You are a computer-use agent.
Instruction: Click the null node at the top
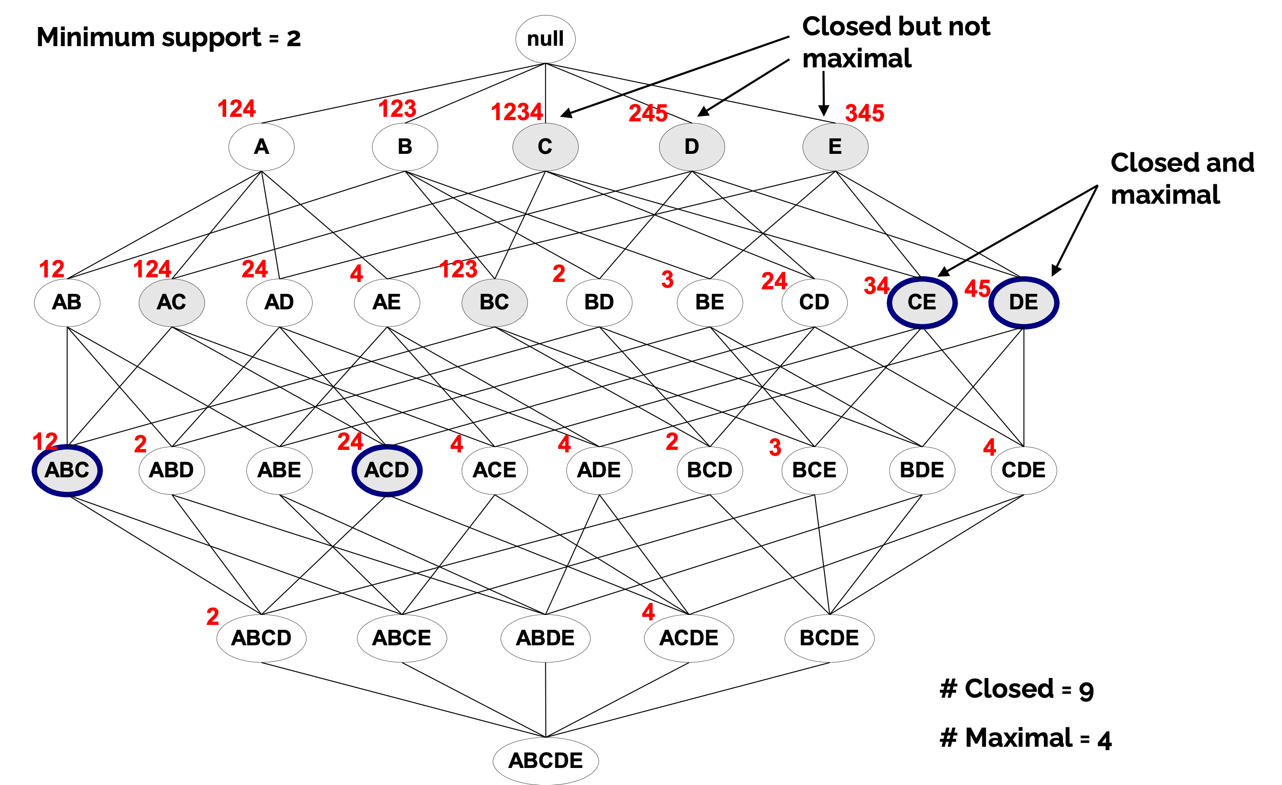point(545,39)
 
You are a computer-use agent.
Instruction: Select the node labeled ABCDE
point(545,760)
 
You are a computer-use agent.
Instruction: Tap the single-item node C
point(545,147)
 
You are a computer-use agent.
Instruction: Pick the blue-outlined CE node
point(922,302)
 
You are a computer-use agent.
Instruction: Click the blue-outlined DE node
point(1023,302)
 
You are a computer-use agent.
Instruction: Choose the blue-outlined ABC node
point(67,471)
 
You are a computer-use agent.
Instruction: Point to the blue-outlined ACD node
point(387,471)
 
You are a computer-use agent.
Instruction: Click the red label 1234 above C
point(517,112)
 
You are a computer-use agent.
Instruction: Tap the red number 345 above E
point(864,113)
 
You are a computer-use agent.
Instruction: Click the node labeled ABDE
point(545,638)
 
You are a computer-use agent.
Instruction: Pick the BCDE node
point(829,638)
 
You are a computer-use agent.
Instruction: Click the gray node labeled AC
point(172,302)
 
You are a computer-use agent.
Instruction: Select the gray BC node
point(494,302)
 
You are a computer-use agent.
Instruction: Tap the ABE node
point(279,471)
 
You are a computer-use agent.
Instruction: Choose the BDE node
point(922,471)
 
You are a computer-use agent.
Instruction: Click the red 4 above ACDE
point(648,612)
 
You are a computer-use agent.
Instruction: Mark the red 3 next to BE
point(667,279)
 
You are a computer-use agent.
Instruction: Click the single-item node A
point(261,147)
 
